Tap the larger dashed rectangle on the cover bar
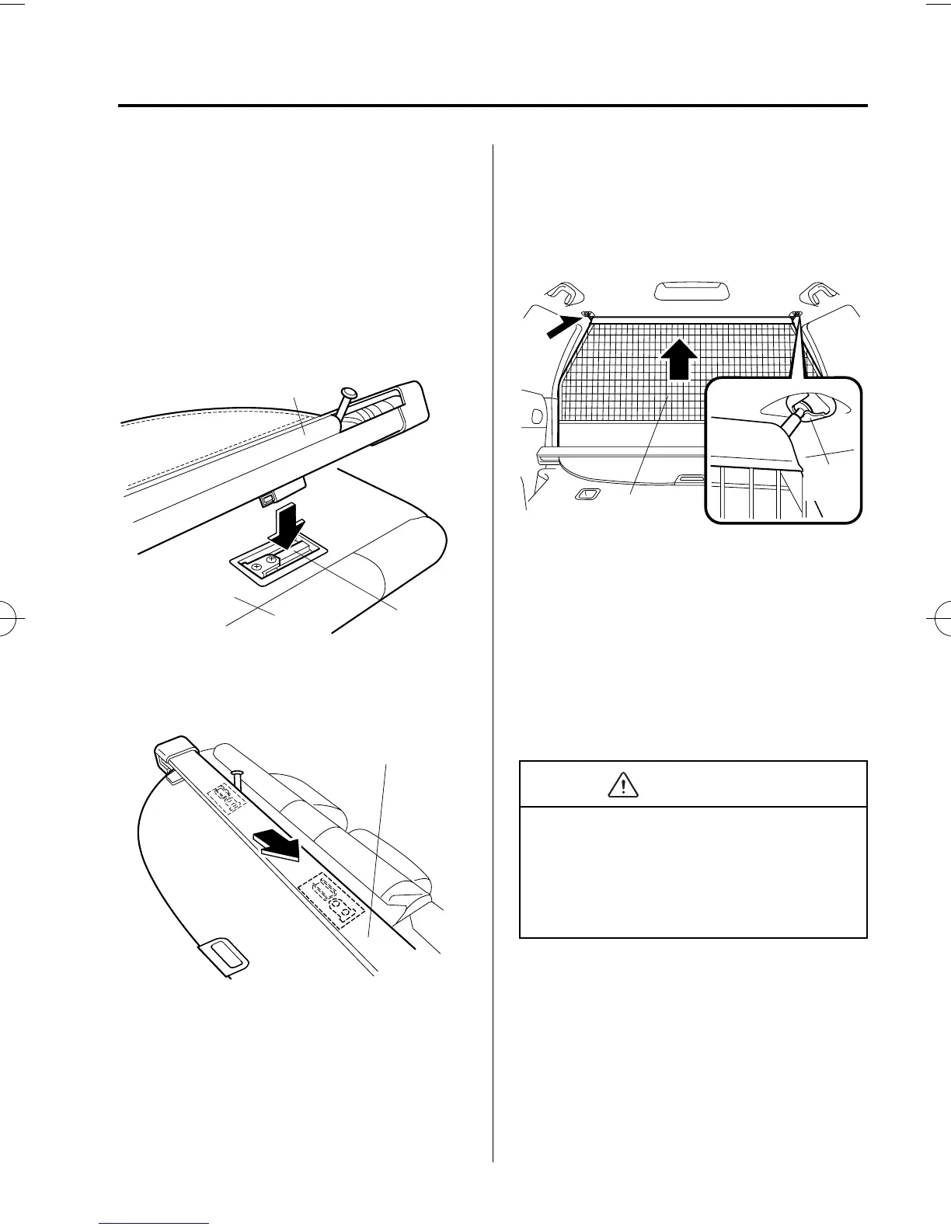click(332, 899)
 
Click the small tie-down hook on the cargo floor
click(587, 495)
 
